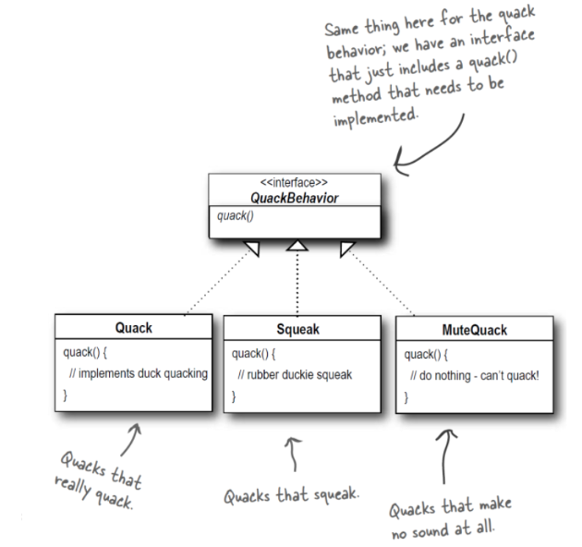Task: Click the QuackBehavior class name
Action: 295,198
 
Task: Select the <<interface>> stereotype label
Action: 294,182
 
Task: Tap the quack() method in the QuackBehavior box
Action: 236,216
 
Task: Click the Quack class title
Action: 134,327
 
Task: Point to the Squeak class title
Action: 297,329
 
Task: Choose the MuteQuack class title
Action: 474,330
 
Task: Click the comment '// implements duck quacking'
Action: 138,373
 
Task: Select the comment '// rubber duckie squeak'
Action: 295,375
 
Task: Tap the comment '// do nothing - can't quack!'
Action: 474,376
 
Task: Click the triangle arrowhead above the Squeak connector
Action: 297,246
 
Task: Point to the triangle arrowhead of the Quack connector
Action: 252,248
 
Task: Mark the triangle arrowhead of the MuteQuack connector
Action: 347,248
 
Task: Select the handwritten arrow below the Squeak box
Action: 294,455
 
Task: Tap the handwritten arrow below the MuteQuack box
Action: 444,456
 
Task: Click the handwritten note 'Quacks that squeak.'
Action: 291,495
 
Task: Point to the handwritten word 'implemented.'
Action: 375,117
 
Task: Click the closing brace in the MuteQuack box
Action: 406,397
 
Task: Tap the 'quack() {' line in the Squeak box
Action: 253,354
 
